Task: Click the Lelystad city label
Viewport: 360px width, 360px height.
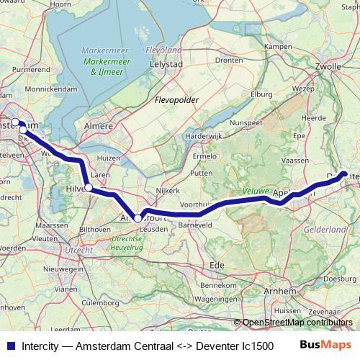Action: tap(166, 63)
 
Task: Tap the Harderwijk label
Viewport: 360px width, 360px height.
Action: tap(202, 135)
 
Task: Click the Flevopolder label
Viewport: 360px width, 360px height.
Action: tap(176, 100)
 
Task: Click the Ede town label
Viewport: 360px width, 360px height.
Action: tap(216, 264)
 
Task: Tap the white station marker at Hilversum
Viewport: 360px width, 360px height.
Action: tap(89, 187)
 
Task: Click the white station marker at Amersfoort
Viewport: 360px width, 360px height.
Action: tap(138, 217)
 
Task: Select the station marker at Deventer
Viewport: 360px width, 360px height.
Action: tap(344, 174)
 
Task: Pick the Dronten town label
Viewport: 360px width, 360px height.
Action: tap(228, 60)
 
